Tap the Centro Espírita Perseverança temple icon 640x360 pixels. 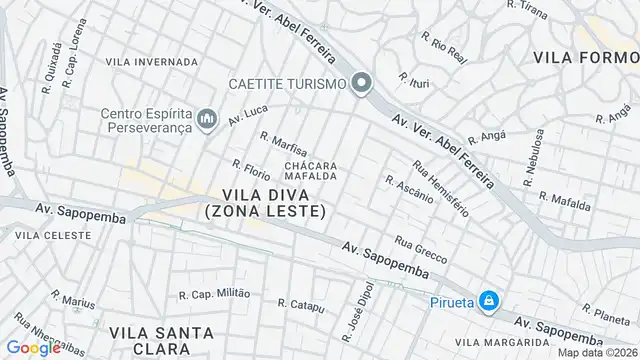pos(207,120)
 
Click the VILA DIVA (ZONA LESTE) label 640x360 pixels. pos(265,202)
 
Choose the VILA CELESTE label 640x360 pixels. pos(53,235)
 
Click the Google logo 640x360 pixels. pos(33,348)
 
